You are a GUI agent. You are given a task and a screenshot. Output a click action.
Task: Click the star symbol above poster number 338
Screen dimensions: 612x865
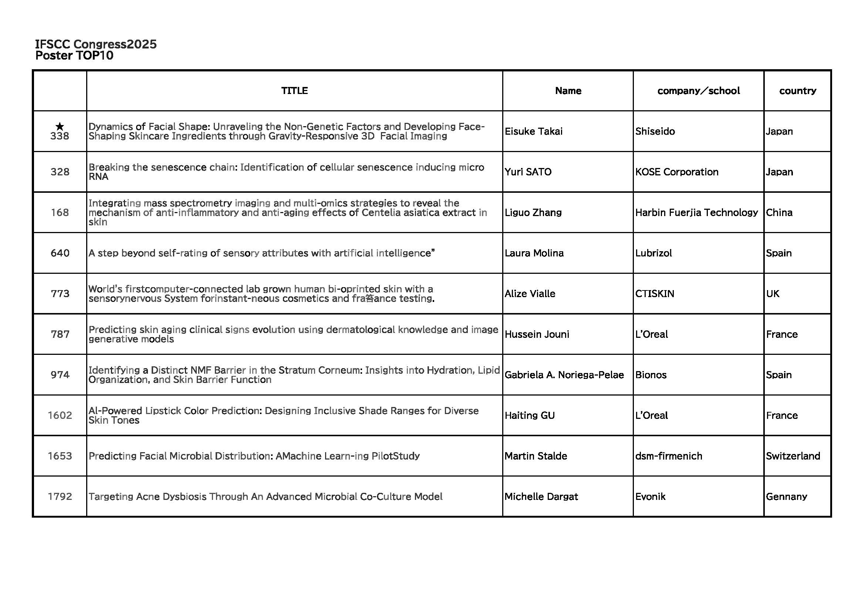(x=60, y=126)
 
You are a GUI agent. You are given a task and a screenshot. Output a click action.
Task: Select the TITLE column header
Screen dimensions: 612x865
(x=294, y=91)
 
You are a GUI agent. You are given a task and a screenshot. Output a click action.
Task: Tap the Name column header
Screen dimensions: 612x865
(x=568, y=91)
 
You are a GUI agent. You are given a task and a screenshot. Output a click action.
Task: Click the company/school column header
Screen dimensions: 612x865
(x=698, y=91)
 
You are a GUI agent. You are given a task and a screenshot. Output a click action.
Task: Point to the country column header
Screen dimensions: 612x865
(x=798, y=91)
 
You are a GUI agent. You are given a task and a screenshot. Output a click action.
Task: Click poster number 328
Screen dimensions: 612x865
(x=60, y=172)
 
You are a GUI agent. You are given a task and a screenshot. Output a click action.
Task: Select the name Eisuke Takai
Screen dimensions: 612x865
(x=534, y=131)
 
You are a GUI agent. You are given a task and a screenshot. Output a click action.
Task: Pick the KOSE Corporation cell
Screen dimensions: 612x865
(x=677, y=172)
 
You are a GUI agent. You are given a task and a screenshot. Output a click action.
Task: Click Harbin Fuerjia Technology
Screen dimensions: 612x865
(x=696, y=212)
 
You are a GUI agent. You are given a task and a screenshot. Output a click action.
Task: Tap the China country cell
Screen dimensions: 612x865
(x=779, y=212)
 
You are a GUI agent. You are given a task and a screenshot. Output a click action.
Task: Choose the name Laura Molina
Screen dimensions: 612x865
(x=534, y=253)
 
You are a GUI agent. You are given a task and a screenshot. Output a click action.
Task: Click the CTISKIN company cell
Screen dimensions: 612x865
(x=655, y=293)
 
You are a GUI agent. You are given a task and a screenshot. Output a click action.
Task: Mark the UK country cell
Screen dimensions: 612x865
(x=772, y=293)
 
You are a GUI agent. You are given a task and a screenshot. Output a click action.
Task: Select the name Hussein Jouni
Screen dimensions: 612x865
(x=537, y=334)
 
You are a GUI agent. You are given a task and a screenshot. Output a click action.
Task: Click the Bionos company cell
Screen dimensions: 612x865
(x=651, y=374)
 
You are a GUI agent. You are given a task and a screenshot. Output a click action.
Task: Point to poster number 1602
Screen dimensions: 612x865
(x=60, y=415)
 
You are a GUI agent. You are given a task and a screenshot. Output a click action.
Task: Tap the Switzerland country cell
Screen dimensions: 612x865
(x=793, y=456)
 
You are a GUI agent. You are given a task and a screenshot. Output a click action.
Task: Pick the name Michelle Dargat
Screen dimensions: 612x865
(x=541, y=497)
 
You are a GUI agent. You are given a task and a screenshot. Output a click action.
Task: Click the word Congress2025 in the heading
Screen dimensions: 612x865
(x=115, y=44)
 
